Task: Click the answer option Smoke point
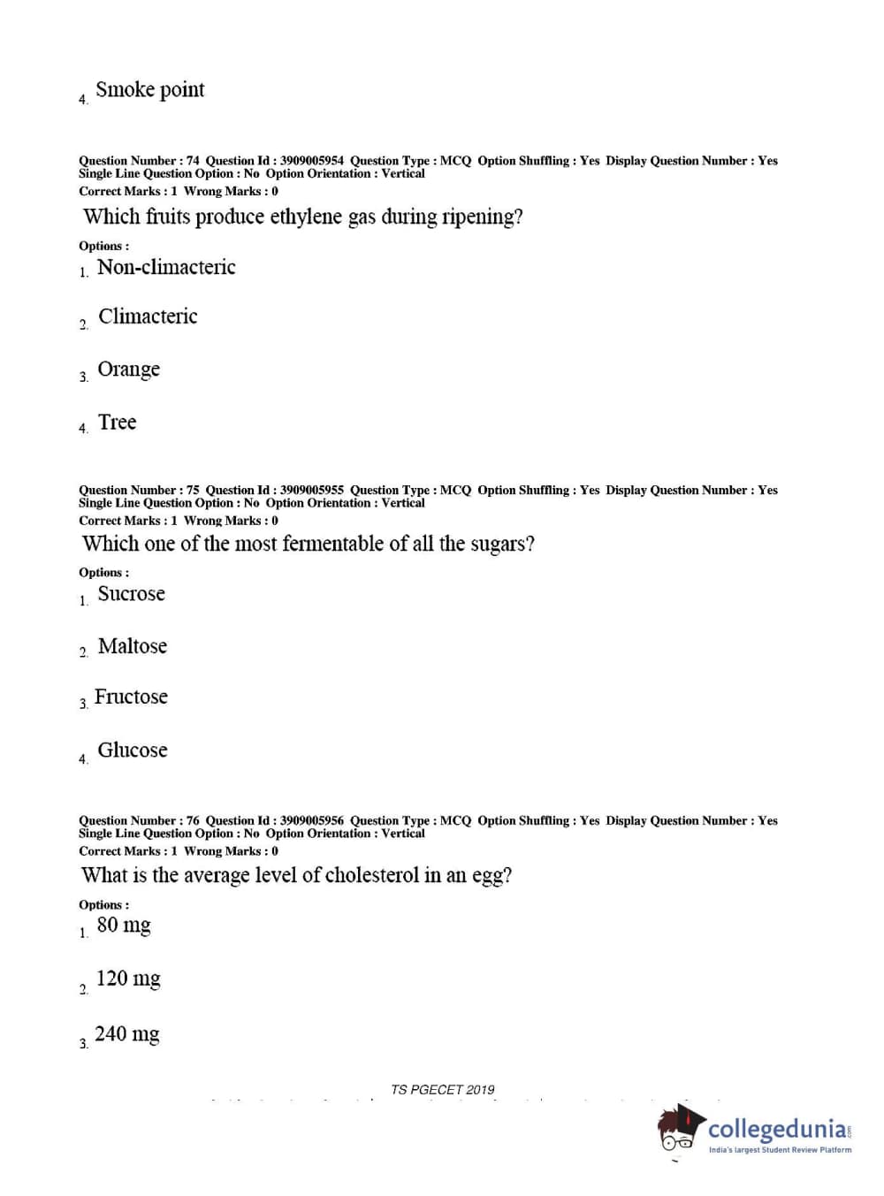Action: pyautogui.click(x=149, y=90)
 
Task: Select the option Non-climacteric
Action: pyautogui.click(x=166, y=267)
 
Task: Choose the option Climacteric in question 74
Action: pyautogui.click(x=148, y=316)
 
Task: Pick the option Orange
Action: pyautogui.click(x=128, y=369)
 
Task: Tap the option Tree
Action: pyautogui.click(x=117, y=423)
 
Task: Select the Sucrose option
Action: pyautogui.click(x=131, y=594)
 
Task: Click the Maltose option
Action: pyautogui.click(x=132, y=646)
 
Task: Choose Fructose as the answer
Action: pyautogui.click(x=131, y=697)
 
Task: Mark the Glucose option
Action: pyautogui.click(x=132, y=750)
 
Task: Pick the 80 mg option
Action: pyautogui.click(x=123, y=926)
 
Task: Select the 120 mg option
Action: pyautogui.click(x=128, y=979)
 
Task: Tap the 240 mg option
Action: pyautogui.click(x=126, y=1034)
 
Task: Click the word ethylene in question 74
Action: pyautogui.click(x=306, y=217)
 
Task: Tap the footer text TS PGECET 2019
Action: pyautogui.click(x=443, y=1090)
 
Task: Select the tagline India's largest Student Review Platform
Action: pyautogui.click(x=780, y=1150)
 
